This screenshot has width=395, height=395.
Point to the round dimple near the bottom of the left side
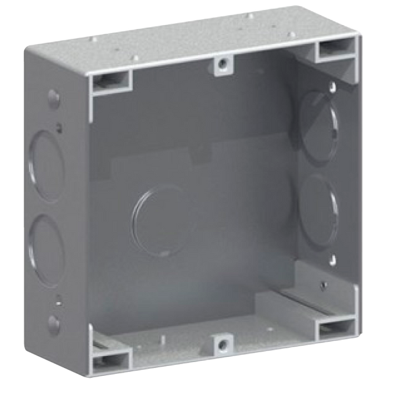51,323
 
